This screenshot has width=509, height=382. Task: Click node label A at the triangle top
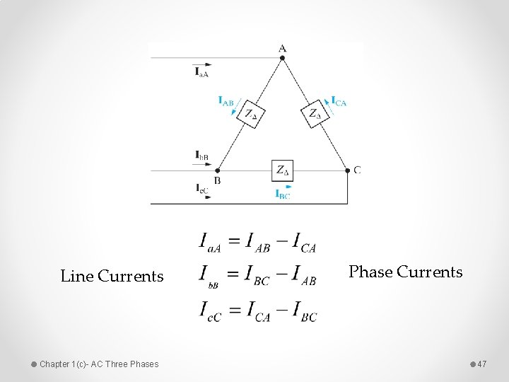pos(282,48)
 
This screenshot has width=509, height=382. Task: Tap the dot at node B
pos(218,170)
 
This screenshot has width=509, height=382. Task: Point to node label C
pos(357,170)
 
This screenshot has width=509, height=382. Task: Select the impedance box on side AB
pos(250,113)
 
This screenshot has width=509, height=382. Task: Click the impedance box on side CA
pos(315,113)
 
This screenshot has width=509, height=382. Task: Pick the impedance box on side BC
pos(282,170)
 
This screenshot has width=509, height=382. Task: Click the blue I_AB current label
pos(226,101)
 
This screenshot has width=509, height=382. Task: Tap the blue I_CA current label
pos(339,102)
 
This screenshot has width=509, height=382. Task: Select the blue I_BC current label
pos(282,194)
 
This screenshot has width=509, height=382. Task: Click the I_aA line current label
pos(201,71)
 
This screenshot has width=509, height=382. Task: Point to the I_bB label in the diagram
pos(201,155)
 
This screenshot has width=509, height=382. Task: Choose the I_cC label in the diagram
pos(201,188)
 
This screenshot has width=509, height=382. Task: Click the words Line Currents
pos(112,277)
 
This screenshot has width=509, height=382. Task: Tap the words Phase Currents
pos(406,272)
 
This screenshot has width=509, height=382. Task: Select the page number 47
pos(482,364)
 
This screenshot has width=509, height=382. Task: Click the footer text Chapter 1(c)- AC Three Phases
pos(99,364)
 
